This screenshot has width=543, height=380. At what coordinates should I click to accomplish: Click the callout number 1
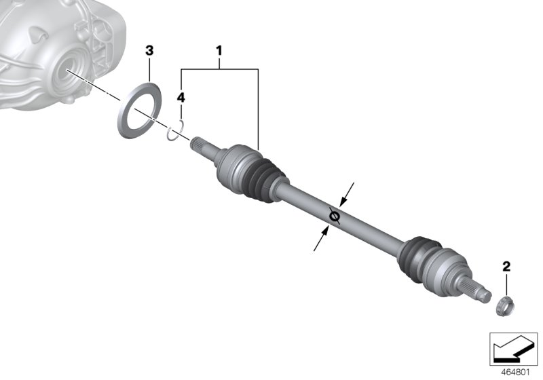[219, 50]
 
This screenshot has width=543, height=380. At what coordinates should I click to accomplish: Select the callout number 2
[506, 266]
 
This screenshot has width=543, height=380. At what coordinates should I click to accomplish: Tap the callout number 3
[150, 50]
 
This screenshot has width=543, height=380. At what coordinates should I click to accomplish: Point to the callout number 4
[181, 98]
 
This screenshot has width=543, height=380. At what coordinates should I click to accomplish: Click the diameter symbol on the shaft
[333, 216]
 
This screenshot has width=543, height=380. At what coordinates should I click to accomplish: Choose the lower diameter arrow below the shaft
[320, 240]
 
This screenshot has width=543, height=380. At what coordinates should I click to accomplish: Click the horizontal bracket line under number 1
[219, 68]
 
